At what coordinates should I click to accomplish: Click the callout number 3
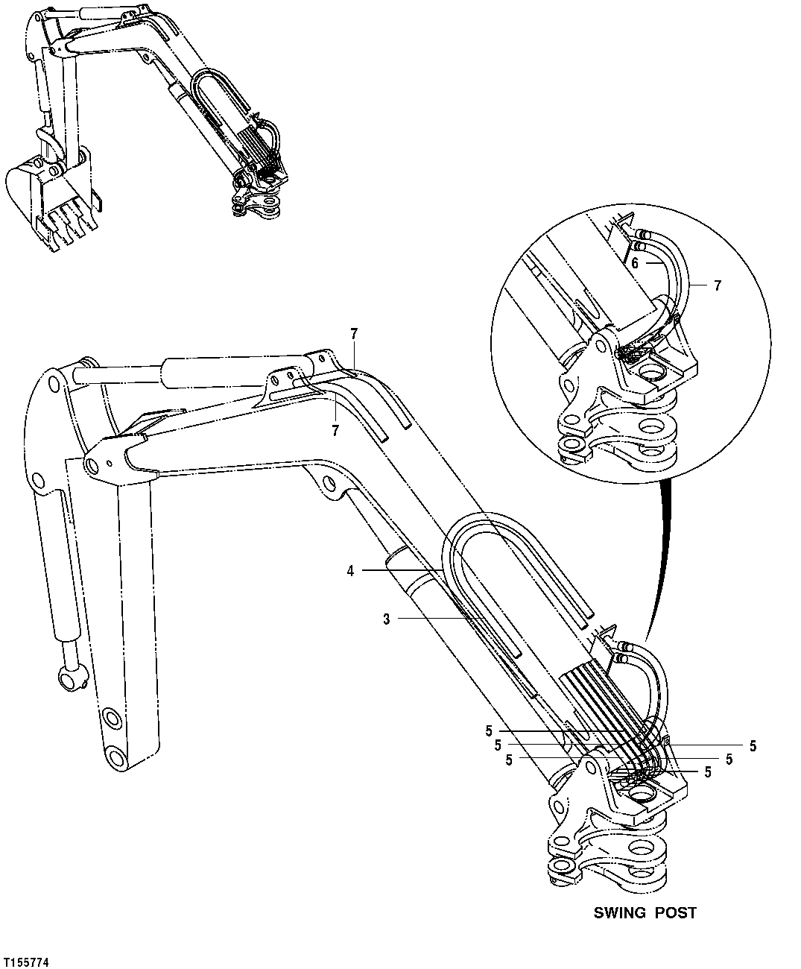[387, 617]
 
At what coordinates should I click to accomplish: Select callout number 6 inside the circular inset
[635, 263]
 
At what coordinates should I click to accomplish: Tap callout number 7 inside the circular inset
[718, 285]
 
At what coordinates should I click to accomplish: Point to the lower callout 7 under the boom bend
[335, 429]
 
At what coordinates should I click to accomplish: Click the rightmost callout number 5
[753, 745]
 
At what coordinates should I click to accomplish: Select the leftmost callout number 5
[509, 760]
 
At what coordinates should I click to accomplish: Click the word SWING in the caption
[618, 912]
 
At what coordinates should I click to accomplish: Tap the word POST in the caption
[676, 912]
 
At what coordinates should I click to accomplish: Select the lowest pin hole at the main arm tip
[115, 759]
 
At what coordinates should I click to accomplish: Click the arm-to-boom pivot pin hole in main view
[92, 466]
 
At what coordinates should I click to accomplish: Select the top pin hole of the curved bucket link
[53, 385]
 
